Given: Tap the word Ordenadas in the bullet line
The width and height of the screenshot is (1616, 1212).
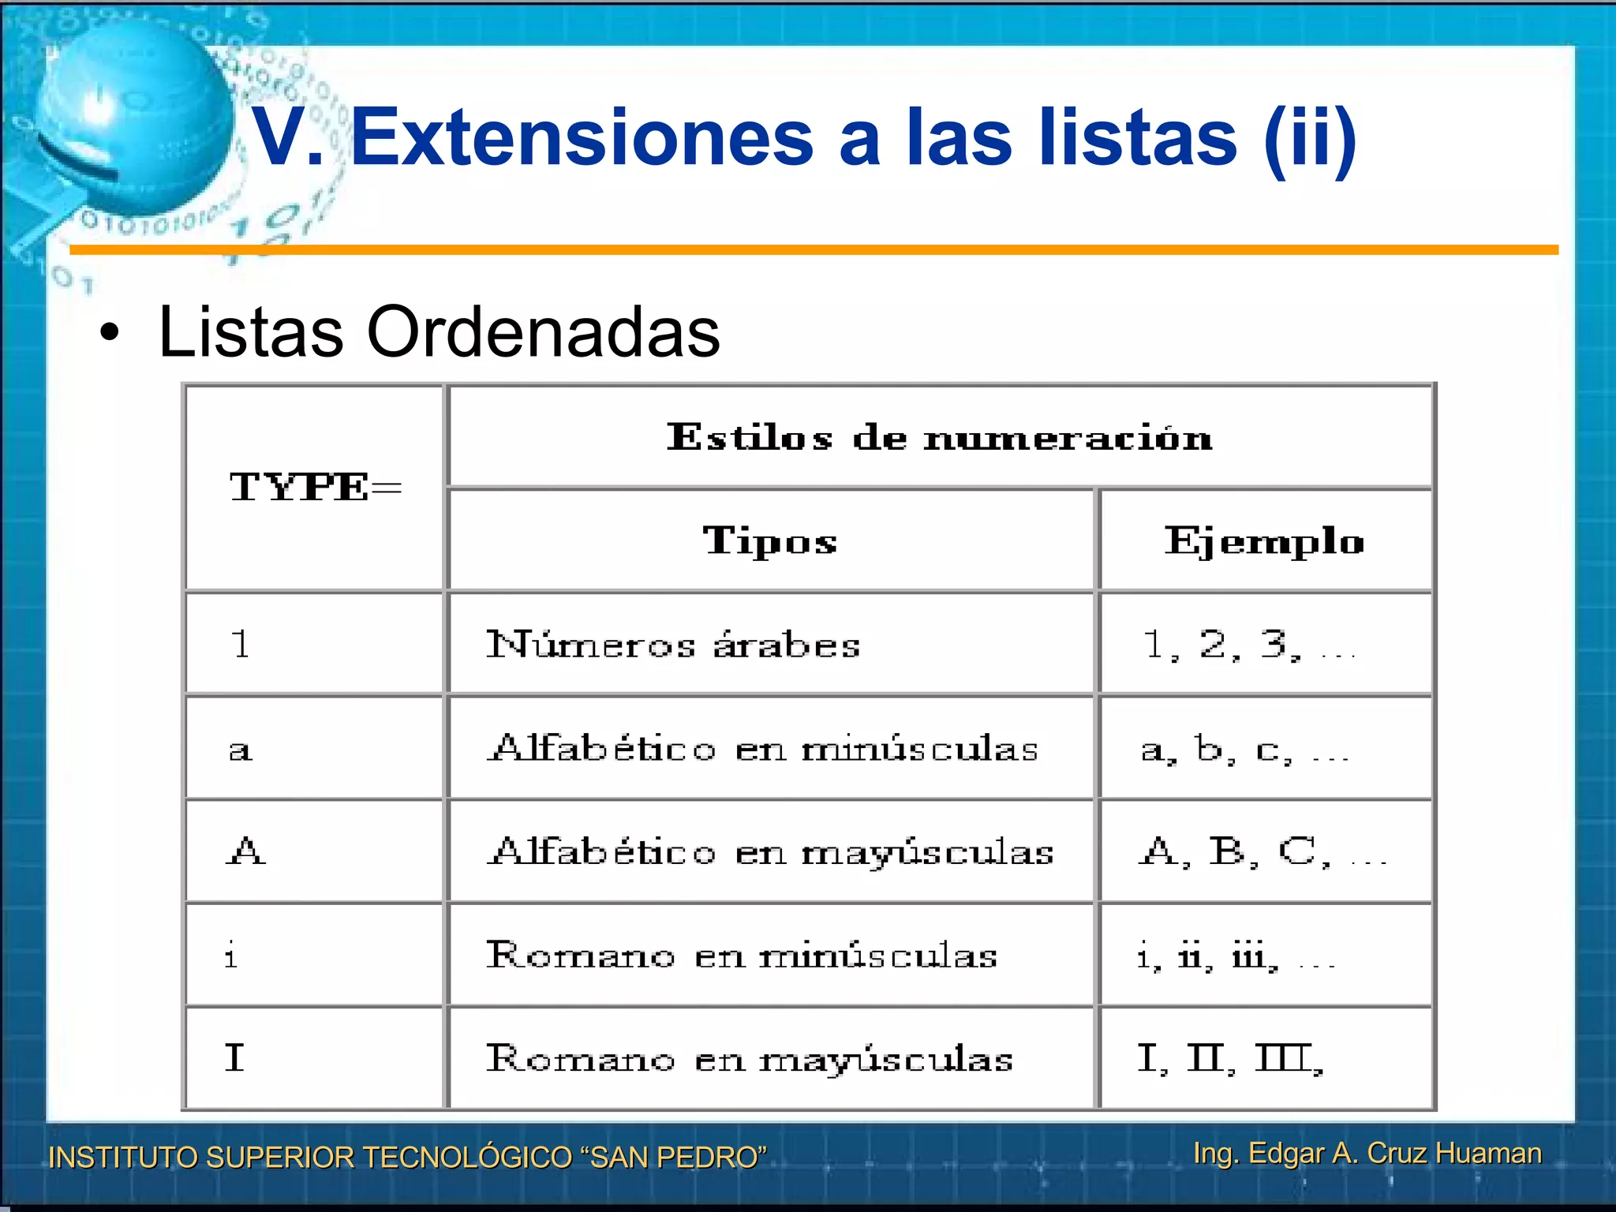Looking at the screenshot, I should [x=543, y=332].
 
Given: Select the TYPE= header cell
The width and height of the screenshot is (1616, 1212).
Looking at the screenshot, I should [x=315, y=487].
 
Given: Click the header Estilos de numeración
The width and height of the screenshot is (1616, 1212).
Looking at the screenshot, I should [x=939, y=436].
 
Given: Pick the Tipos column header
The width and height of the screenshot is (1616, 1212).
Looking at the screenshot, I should [x=770, y=541].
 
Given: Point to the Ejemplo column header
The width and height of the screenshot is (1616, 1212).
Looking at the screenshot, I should [x=1264, y=541].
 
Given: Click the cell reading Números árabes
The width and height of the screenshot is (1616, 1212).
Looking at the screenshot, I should [x=672, y=645].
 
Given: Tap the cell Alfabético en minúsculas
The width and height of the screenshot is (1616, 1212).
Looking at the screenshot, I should [x=762, y=748].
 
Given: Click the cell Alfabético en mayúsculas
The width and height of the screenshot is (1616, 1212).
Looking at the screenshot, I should [x=770, y=852].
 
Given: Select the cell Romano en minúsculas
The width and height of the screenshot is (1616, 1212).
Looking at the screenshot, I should [x=742, y=956].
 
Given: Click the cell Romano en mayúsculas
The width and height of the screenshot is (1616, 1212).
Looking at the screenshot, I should [x=750, y=1059].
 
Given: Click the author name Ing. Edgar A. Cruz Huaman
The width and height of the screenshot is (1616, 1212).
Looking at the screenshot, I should [x=1367, y=1153].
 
